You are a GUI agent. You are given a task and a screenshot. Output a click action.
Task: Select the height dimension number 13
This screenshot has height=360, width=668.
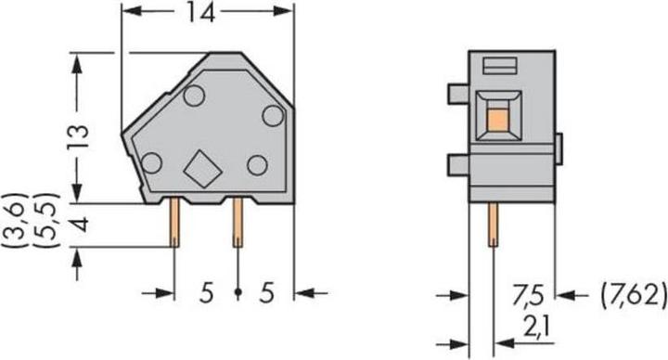click(x=81, y=137)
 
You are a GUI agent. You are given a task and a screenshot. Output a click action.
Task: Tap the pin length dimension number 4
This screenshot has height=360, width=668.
click(x=81, y=224)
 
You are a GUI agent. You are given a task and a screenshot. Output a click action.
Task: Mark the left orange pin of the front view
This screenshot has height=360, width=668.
click(x=174, y=224)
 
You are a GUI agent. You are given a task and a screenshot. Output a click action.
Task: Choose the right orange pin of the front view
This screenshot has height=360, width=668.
click(x=238, y=224)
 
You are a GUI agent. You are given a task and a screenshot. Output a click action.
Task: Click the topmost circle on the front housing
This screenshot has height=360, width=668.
click(x=194, y=96)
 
